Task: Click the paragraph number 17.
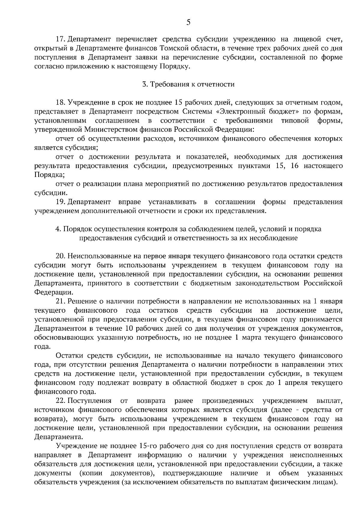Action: pos(61,39)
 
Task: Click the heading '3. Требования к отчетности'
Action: pos(188,84)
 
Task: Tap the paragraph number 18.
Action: pos(61,103)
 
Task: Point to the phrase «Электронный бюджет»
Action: pos(246,112)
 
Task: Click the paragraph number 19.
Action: pos(61,202)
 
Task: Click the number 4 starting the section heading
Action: pos(57,229)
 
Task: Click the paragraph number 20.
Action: pos(61,256)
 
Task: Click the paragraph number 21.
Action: pos(61,301)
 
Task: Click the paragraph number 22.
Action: pos(61,401)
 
